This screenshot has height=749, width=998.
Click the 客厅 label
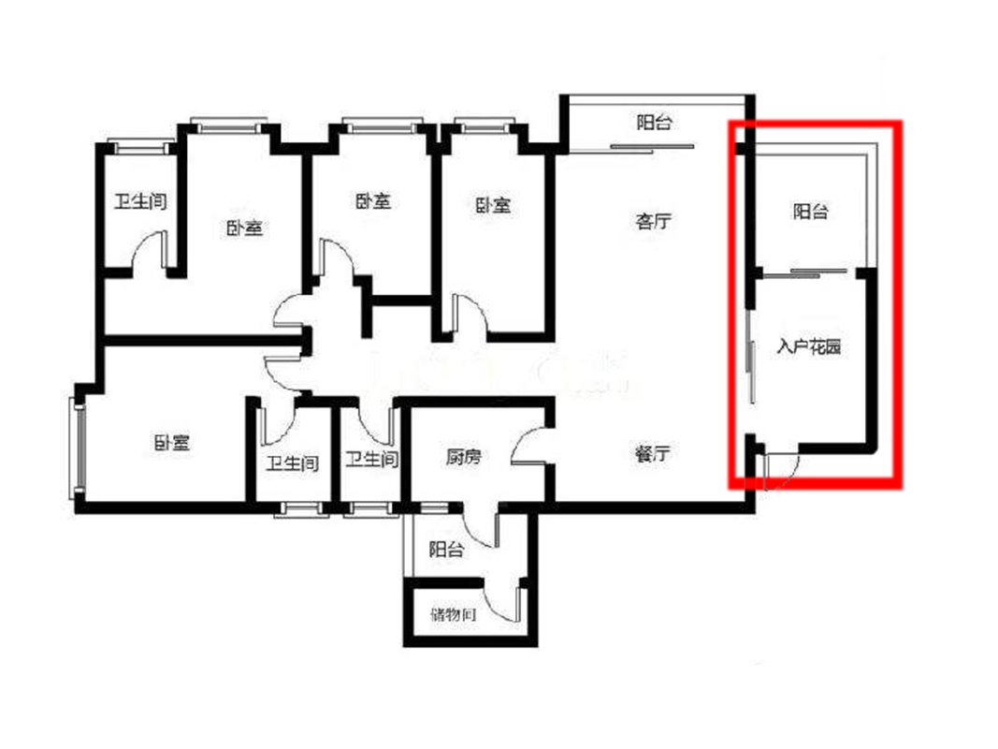(x=653, y=221)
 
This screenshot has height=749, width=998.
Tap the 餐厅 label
(x=652, y=453)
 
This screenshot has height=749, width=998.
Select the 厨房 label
(x=463, y=457)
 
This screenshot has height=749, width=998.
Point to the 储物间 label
(x=454, y=614)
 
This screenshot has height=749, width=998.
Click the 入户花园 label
(x=809, y=346)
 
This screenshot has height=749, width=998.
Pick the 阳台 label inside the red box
(x=811, y=211)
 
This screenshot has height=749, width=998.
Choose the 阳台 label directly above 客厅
(x=655, y=122)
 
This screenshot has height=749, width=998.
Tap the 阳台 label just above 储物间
(x=446, y=549)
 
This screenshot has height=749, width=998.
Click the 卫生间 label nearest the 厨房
(x=371, y=459)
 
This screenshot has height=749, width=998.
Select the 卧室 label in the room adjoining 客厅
(x=493, y=205)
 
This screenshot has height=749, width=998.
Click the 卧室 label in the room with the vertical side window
(x=172, y=442)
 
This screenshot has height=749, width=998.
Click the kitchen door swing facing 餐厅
(x=528, y=446)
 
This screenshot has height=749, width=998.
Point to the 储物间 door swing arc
(x=505, y=602)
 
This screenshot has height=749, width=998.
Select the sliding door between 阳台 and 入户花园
(x=804, y=273)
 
